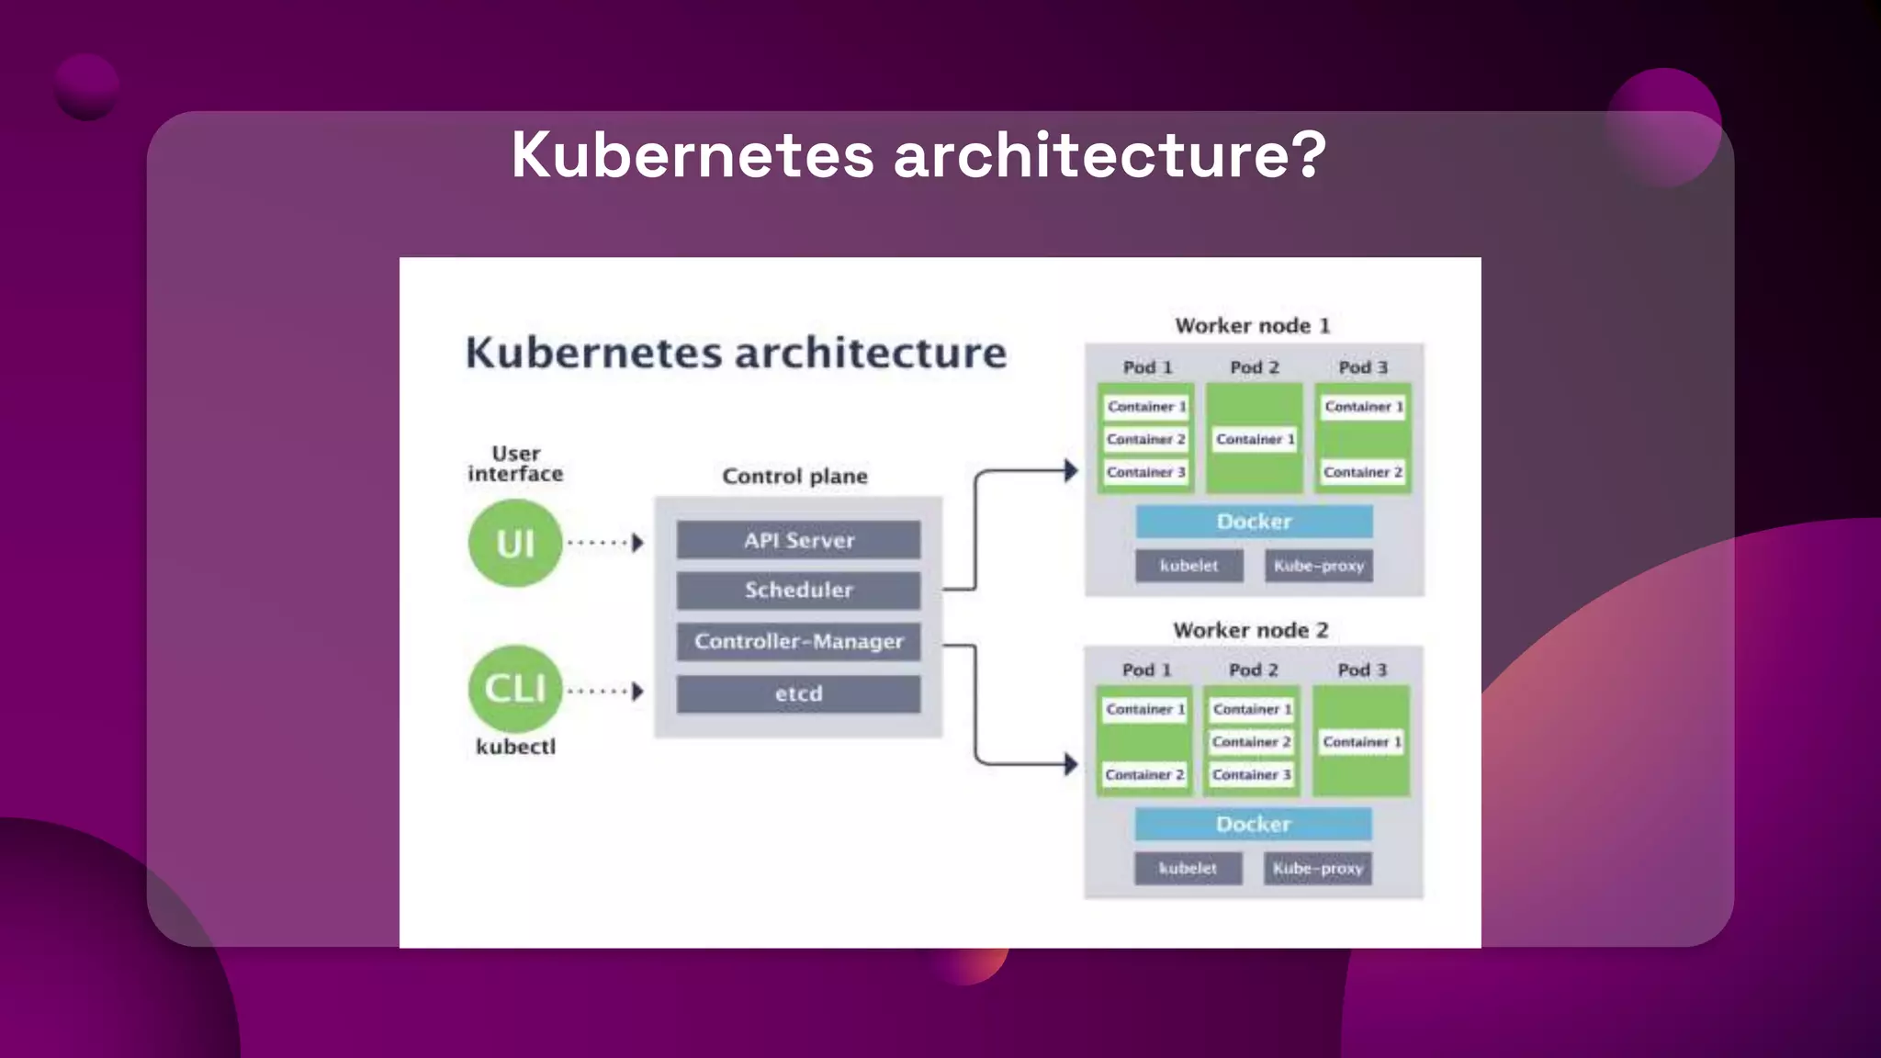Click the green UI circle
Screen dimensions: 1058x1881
pyautogui.click(x=514, y=543)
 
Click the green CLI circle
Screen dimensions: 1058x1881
pyautogui.click(x=514, y=689)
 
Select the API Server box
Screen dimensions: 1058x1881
pyautogui.click(x=798, y=540)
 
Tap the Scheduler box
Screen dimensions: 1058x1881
pyautogui.click(x=798, y=591)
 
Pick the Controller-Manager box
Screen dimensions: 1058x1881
pyautogui.click(x=798, y=641)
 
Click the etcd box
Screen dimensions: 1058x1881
pyautogui.click(x=798, y=694)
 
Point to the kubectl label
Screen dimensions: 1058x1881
pyautogui.click(x=515, y=747)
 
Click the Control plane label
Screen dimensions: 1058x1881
pyautogui.click(x=794, y=476)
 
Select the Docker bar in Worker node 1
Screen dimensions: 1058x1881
pyautogui.click(x=1254, y=522)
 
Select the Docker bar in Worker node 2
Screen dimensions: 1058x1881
pyautogui.click(x=1253, y=824)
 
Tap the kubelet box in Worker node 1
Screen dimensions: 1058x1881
pyautogui.click(x=1188, y=566)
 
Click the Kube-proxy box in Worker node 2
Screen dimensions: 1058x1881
pyautogui.click(x=1317, y=868)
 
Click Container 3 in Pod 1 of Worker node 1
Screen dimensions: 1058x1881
pyautogui.click(x=1145, y=472)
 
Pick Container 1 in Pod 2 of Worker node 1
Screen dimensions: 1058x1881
pyautogui.click(x=1255, y=439)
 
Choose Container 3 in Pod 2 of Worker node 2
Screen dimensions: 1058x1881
pyautogui.click(x=1251, y=774)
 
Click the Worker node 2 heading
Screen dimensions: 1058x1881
pyautogui.click(x=1250, y=630)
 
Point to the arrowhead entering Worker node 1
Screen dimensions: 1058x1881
pyautogui.click(x=1070, y=471)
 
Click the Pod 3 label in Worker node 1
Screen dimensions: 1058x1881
pyautogui.click(x=1362, y=367)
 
